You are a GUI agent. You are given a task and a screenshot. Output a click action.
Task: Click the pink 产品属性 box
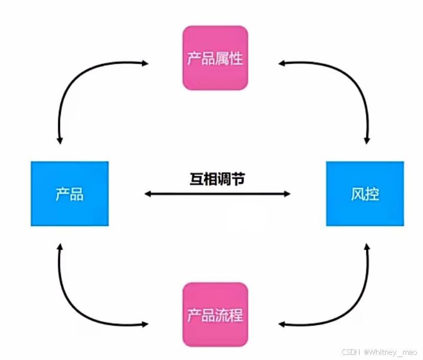pos(215,58)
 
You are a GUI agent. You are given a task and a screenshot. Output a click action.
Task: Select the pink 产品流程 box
pos(215,314)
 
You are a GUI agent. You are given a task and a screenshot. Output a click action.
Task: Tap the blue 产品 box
pos(70,194)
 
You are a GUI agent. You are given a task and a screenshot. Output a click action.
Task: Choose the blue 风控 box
pos(365,194)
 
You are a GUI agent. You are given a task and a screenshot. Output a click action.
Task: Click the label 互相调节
pos(217,179)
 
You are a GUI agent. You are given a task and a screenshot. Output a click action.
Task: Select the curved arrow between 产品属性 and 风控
pos(353,82)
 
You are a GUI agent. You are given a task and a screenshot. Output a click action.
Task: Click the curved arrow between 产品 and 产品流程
pos(77,305)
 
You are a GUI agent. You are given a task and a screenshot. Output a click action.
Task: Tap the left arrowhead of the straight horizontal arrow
pos(147,194)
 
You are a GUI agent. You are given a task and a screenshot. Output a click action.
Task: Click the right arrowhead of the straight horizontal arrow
pos(287,194)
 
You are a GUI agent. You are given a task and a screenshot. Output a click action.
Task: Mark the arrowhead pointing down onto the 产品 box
pos(60,140)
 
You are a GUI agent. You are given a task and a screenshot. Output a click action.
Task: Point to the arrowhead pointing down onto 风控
pos(367,140)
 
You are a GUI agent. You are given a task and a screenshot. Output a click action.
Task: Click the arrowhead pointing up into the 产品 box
pos(60,247)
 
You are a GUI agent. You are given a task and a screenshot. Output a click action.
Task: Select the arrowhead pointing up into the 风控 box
pos(367,247)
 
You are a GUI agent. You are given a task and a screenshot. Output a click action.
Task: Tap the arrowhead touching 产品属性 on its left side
pos(145,63)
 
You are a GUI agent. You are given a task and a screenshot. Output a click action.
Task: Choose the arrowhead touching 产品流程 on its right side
pos(281,324)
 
